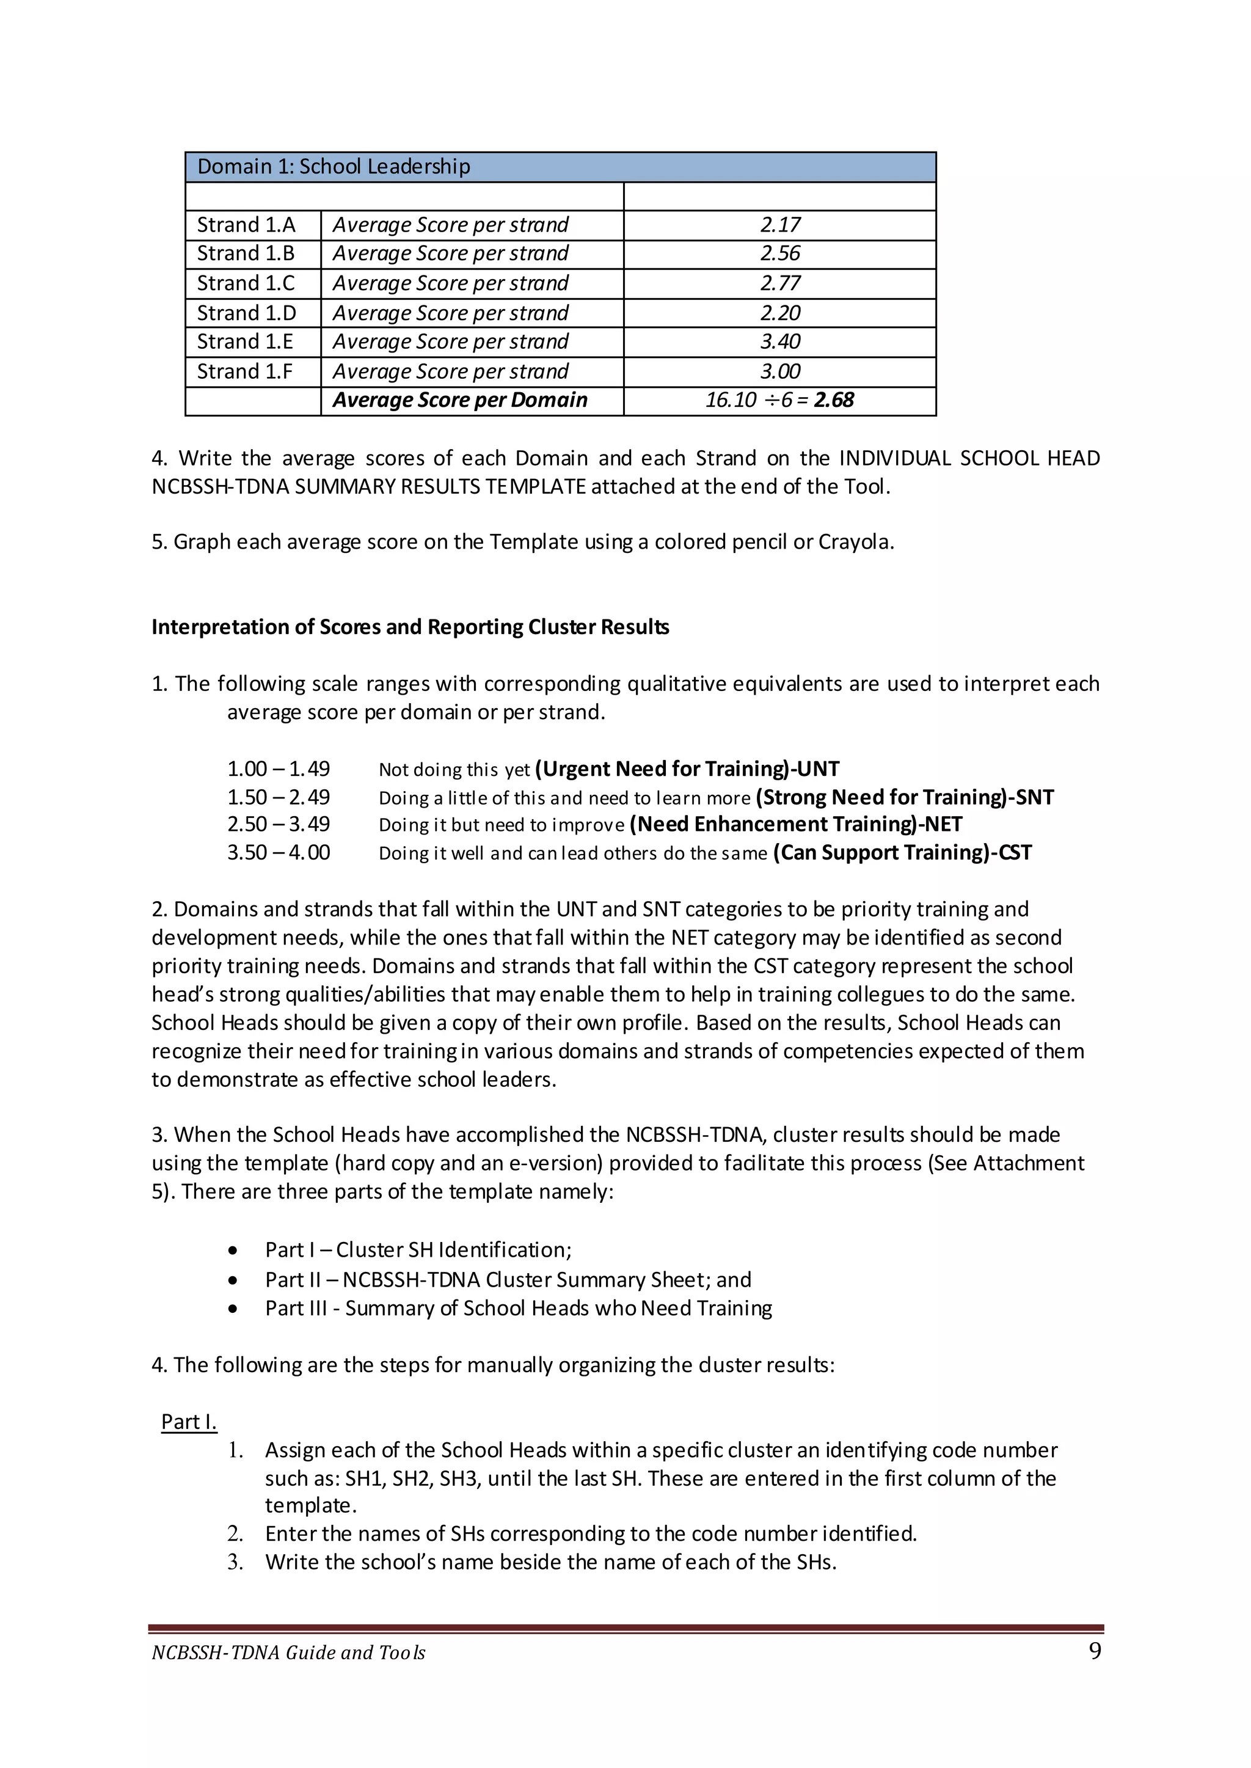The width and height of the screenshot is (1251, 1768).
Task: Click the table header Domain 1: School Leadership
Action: coord(334,166)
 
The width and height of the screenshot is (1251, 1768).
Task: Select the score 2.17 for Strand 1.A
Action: coord(779,225)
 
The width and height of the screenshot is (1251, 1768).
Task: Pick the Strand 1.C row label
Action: coord(246,283)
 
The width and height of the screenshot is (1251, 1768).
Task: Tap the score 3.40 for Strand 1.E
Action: coord(779,342)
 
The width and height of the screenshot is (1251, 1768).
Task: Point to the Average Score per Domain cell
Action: coord(460,400)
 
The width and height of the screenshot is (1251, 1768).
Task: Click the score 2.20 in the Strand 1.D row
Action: coord(779,313)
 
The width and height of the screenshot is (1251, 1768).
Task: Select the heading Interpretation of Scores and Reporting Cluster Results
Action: coord(410,627)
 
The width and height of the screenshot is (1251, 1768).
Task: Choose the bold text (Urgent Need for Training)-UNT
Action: coord(687,769)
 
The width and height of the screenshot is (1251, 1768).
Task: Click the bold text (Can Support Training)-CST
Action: coord(902,853)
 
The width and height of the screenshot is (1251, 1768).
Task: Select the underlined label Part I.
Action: coord(189,1422)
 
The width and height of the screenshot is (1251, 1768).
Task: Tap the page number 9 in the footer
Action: coord(1095,1651)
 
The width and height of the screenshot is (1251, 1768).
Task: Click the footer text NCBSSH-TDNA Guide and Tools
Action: coord(288,1653)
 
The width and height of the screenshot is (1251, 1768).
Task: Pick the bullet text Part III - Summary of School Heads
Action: coord(519,1308)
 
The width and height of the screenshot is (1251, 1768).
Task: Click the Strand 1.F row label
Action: coord(244,371)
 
